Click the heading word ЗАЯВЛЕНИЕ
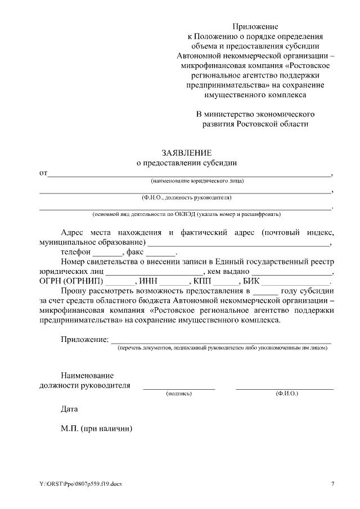(186, 152)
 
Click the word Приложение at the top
(255, 26)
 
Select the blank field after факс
(161, 254)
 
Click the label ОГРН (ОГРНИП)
(71, 281)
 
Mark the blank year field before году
(265, 292)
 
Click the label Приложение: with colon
(84, 339)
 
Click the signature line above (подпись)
(179, 389)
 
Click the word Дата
(69, 409)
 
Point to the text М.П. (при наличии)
(96, 428)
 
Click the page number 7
(332, 484)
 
